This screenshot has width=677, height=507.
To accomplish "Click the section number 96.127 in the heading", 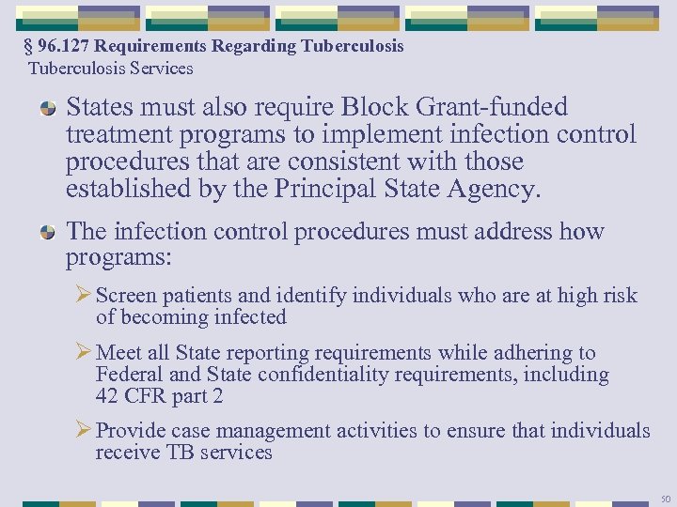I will pyautogui.click(x=66, y=47).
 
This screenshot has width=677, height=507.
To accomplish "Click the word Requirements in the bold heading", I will pyautogui.click(x=153, y=47).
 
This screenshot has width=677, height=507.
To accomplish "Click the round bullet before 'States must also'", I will pyautogui.click(x=46, y=109).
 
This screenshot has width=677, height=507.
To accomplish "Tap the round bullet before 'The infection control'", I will pyautogui.click(x=46, y=231).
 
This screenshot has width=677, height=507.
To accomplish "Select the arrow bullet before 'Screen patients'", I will pyautogui.click(x=82, y=296).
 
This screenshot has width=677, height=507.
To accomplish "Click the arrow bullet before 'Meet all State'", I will pyautogui.click(x=82, y=353).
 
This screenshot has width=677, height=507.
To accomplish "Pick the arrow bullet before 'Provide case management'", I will pyautogui.click(x=82, y=431).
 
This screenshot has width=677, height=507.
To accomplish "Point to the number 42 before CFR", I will pyautogui.click(x=107, y=396).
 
